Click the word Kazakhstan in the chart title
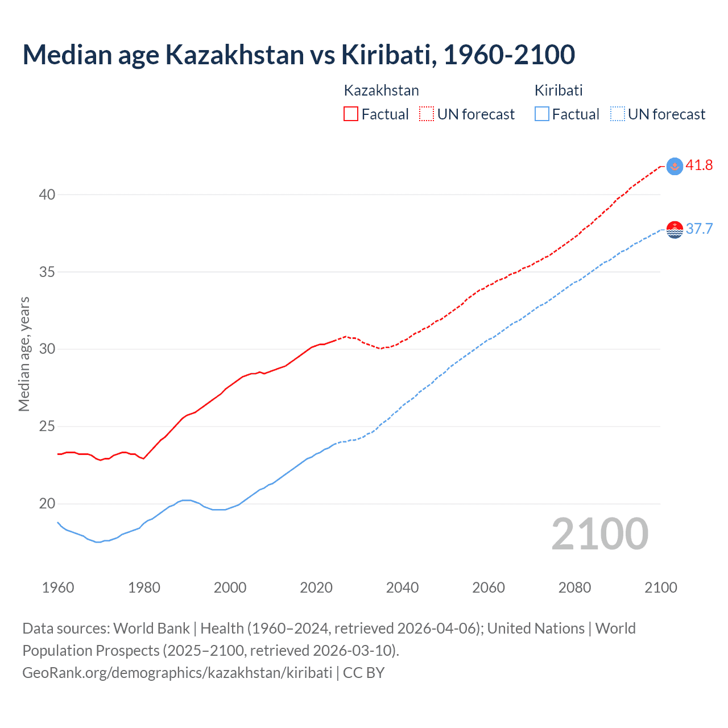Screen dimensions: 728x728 [234, 55]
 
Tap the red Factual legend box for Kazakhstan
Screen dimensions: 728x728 [351, 114]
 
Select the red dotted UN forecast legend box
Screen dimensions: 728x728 [427, 114]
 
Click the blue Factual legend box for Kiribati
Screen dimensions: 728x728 [542, 114]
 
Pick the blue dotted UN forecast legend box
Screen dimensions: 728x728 [617, 114]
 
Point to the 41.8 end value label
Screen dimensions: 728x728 [699, 166]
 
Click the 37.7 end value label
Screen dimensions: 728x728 [699, 229]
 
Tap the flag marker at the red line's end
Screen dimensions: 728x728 [675, 166]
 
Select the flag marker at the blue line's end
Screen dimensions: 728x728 [675, 229]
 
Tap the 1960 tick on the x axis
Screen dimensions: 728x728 [58, 588]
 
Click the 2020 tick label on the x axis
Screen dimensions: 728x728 [316, 588]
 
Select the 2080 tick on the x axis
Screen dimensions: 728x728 [574, 588]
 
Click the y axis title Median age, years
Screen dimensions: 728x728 [24, 354]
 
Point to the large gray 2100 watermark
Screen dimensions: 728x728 [600, 534]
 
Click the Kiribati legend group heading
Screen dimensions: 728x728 [559, 90]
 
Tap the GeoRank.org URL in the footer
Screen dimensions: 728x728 [177, 673]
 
